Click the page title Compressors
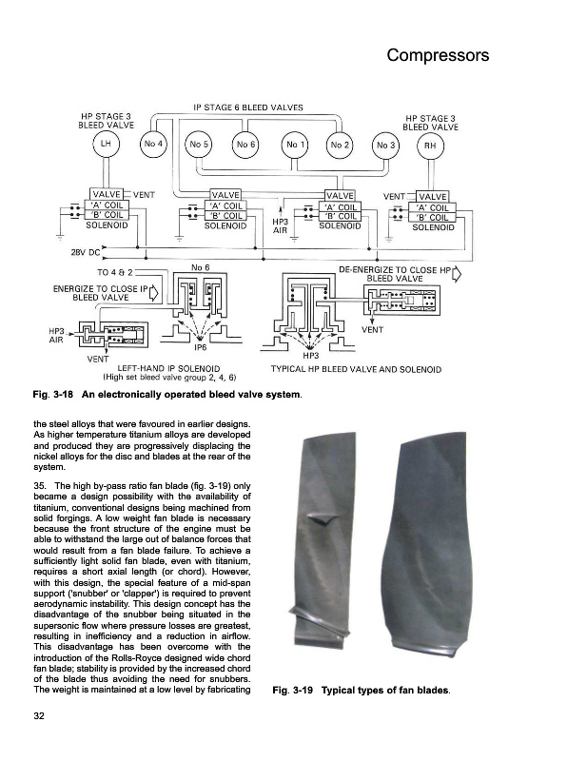click(x=438, y=55)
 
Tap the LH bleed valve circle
click(x=104, y=145)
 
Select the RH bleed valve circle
click(x=430, y=146)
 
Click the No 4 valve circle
click(x=153, y=145)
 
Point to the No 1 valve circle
click(x=294, y=145)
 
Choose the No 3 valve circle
click(x=384, y=146)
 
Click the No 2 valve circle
click(x=340, y=145)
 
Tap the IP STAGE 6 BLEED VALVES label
click(x=247, y=107)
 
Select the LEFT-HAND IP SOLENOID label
click(x=168, y=367)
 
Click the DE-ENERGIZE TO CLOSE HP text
click(x=392, y=269)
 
